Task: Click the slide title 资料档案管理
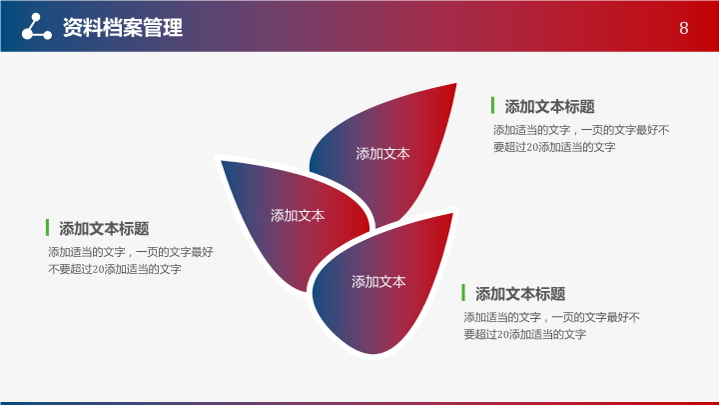[x=123, y=28]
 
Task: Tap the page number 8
[x=684, y=28]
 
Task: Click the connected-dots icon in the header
[x=36, y=27]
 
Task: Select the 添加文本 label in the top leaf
[x=382, y=153]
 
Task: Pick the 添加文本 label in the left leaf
[x=298, y=215]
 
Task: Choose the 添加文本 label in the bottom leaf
[x=378, y=281]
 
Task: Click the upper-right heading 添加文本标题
[x=549, y=107]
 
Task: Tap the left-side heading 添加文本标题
[x=104, y=228]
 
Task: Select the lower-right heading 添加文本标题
[x=520, y=294]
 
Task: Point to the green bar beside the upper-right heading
[x=492, y=105]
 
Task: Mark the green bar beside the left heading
[x=47, y=227]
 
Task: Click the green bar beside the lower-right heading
[x=463, y=292]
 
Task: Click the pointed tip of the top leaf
[x=456, y=84]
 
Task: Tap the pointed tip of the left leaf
[x=222, y=161]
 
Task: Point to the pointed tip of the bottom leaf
[x=452, y=214]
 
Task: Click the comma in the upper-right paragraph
[x=575, y=133]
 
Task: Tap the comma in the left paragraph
[x=130, y=255]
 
